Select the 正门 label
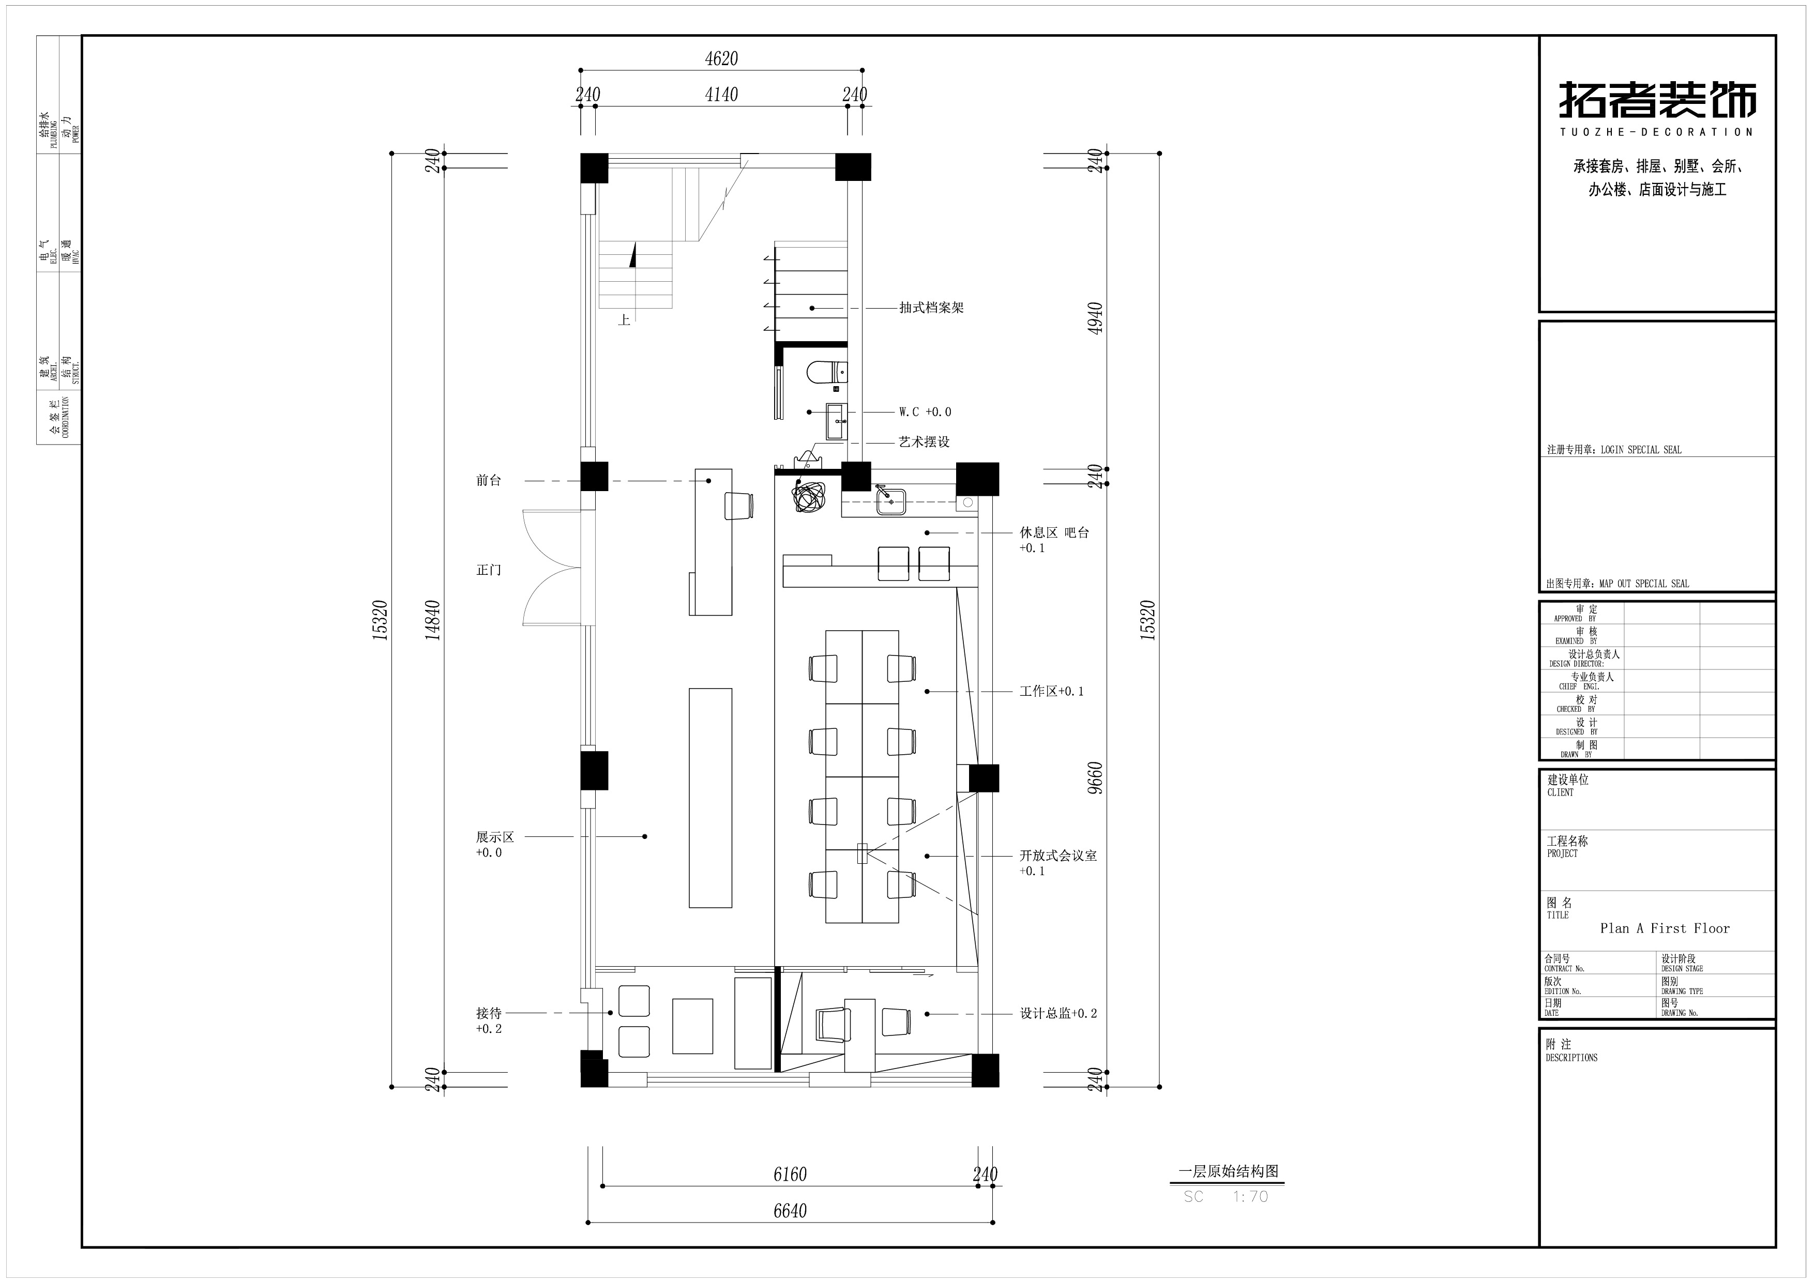pos(489,570)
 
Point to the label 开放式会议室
pos(1058,856)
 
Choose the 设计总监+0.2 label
pos(1058,1013)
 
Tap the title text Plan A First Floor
pos(1665,928)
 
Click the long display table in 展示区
pos(711,798)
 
